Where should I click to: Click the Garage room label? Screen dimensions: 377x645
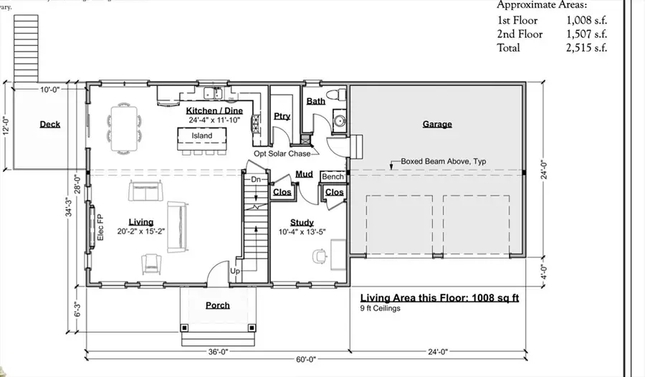coord(437,124)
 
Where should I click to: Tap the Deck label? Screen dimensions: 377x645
coord(49,124)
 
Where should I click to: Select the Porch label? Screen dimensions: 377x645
coord(218,305)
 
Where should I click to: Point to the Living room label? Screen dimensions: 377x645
coord(140,222)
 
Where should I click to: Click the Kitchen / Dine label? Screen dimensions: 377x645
coord(214,110)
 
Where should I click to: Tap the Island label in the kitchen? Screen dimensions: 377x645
coord(201,135)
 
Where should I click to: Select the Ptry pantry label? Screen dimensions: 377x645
coord(282,116)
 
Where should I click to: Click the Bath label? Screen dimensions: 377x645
coord(315,101)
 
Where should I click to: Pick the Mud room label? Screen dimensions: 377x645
coord(303,173)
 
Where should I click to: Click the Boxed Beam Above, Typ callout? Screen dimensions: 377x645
coord(443,162)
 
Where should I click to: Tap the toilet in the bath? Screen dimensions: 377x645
coord(334,96)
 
